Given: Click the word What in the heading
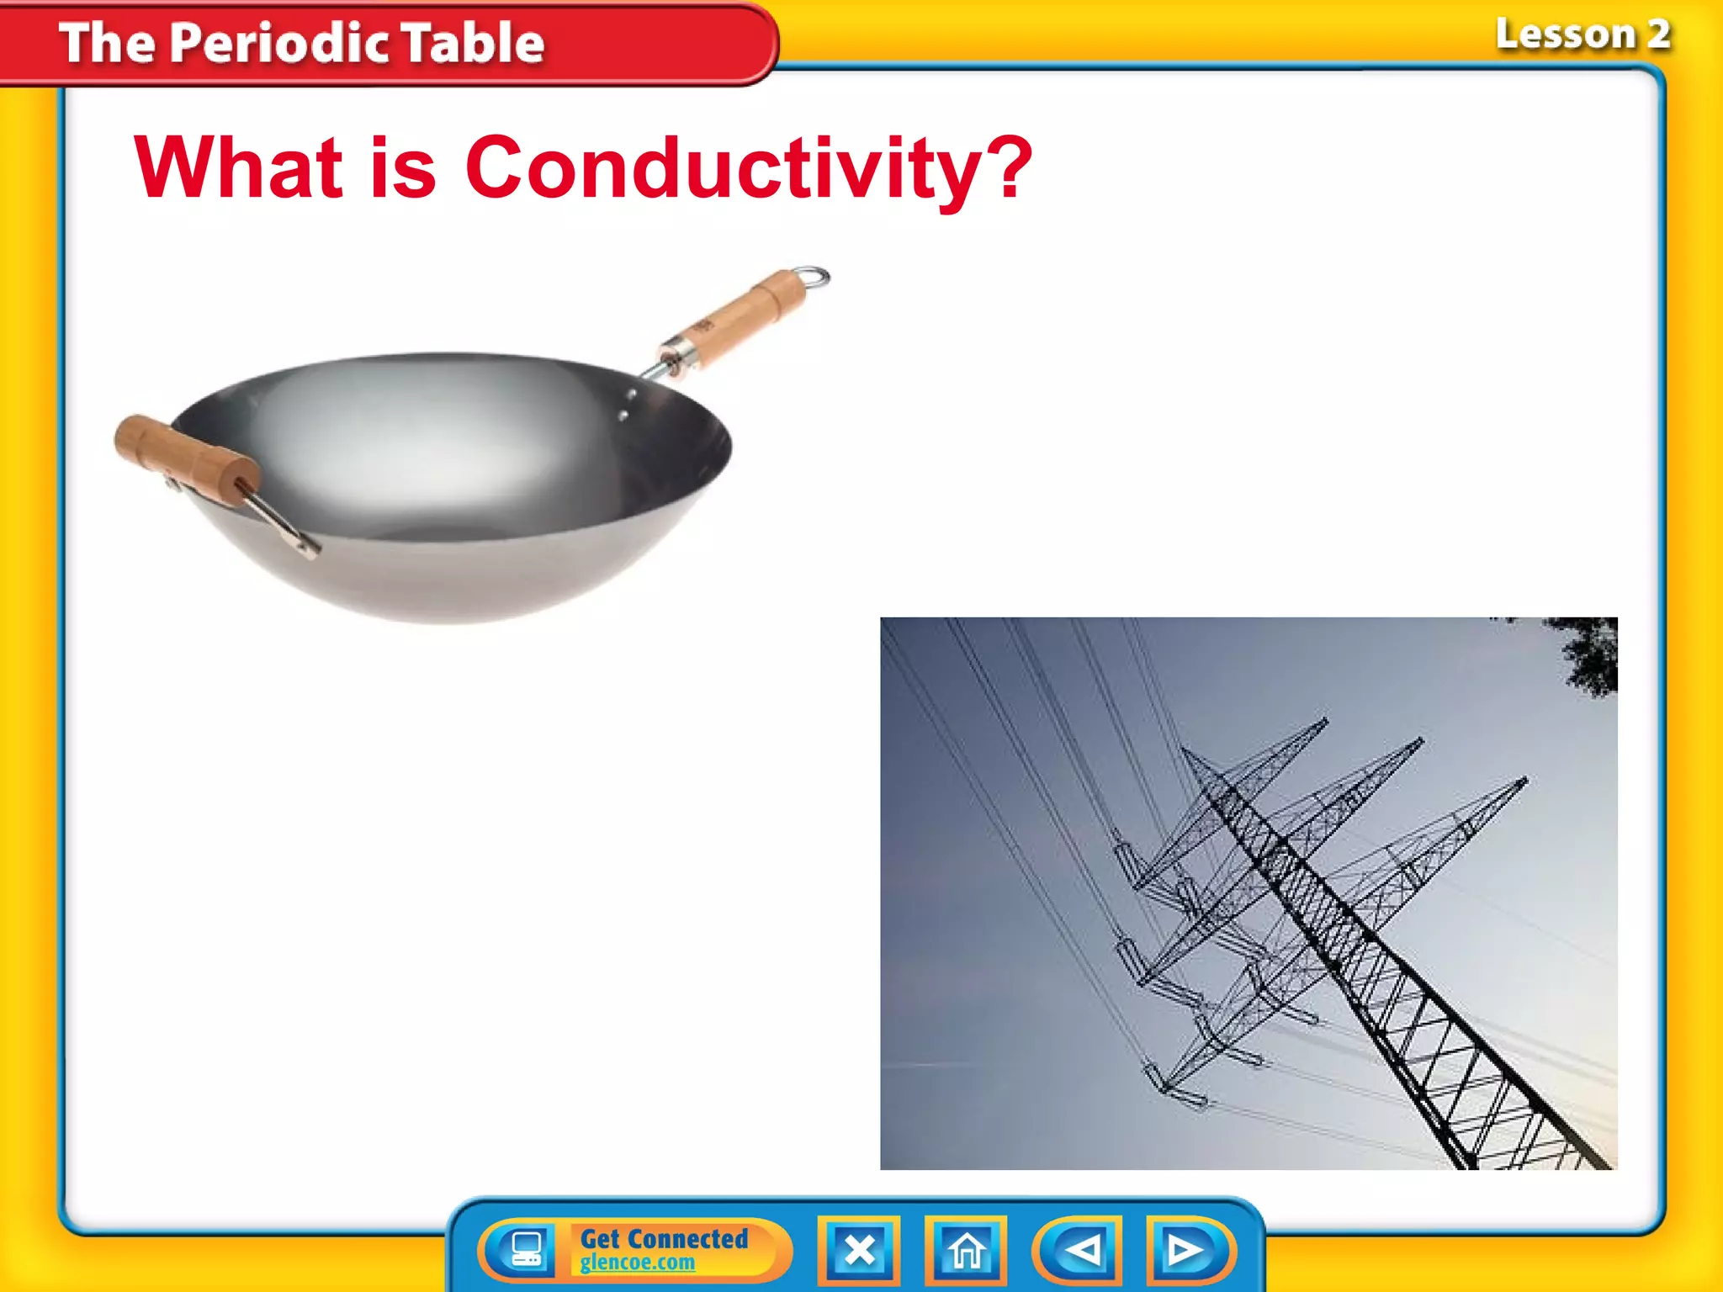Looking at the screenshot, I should (x=239, y=168).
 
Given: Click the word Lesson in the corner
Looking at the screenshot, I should (x=1565, y=35).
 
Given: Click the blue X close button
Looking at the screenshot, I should (x=859, y=1250).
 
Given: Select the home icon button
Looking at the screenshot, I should (x=966, y=1250).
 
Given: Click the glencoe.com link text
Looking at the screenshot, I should (x=638, y=1263).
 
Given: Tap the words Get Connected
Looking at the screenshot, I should (x=664, y=1238).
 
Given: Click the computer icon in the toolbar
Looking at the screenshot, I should (x=527, y=1249).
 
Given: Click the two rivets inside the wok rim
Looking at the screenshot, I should (x=627, y=404).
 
